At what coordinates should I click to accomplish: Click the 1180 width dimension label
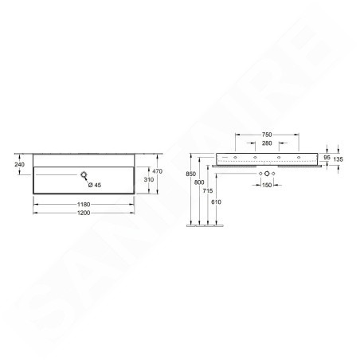(x=84, y=205)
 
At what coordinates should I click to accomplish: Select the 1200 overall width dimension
(x=84, y=213)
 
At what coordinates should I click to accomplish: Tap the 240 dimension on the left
(x=19, y=165)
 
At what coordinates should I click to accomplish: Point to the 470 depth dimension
(x=157, y=171)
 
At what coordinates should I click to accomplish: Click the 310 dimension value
(x=149, y=180)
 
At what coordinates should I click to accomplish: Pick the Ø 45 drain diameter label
(x=95, y=185)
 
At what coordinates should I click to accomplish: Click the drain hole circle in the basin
(x=84, y=174)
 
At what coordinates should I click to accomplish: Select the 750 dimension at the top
(x=267, y=135)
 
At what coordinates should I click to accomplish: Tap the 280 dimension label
(x=267, y=143)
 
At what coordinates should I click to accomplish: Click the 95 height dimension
(x=327, y=158)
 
